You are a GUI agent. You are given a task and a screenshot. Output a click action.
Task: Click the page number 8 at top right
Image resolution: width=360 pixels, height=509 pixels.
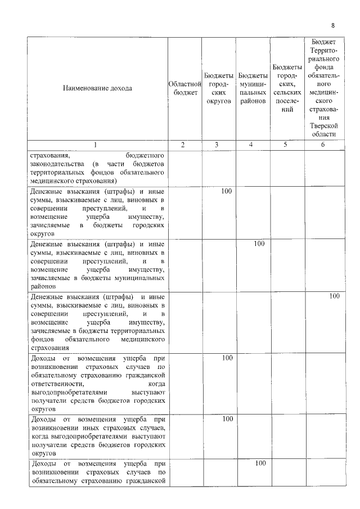tap(333, 26)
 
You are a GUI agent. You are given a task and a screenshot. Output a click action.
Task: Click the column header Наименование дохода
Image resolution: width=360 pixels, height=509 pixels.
tap(98, 88)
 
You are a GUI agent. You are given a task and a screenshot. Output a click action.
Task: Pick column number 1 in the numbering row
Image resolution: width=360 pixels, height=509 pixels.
tap(96, 145)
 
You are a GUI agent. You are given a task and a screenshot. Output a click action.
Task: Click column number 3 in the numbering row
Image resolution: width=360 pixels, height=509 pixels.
tap(217, 145)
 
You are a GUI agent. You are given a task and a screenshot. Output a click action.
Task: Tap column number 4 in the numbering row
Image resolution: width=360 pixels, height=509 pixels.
tap(251, 145)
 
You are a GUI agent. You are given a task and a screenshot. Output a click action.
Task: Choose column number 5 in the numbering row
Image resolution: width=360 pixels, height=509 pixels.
tap(285, 145)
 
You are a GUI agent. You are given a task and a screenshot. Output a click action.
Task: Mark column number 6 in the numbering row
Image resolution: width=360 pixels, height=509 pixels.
tap(322, 145)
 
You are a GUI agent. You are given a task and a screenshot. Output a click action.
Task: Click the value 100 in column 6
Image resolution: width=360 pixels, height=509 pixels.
tap(334, 296)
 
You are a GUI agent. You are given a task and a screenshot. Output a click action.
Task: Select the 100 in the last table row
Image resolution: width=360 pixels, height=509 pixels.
tap(260, 463)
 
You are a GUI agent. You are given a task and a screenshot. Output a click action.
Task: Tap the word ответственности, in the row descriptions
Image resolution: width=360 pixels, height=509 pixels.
tap(57, 382)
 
